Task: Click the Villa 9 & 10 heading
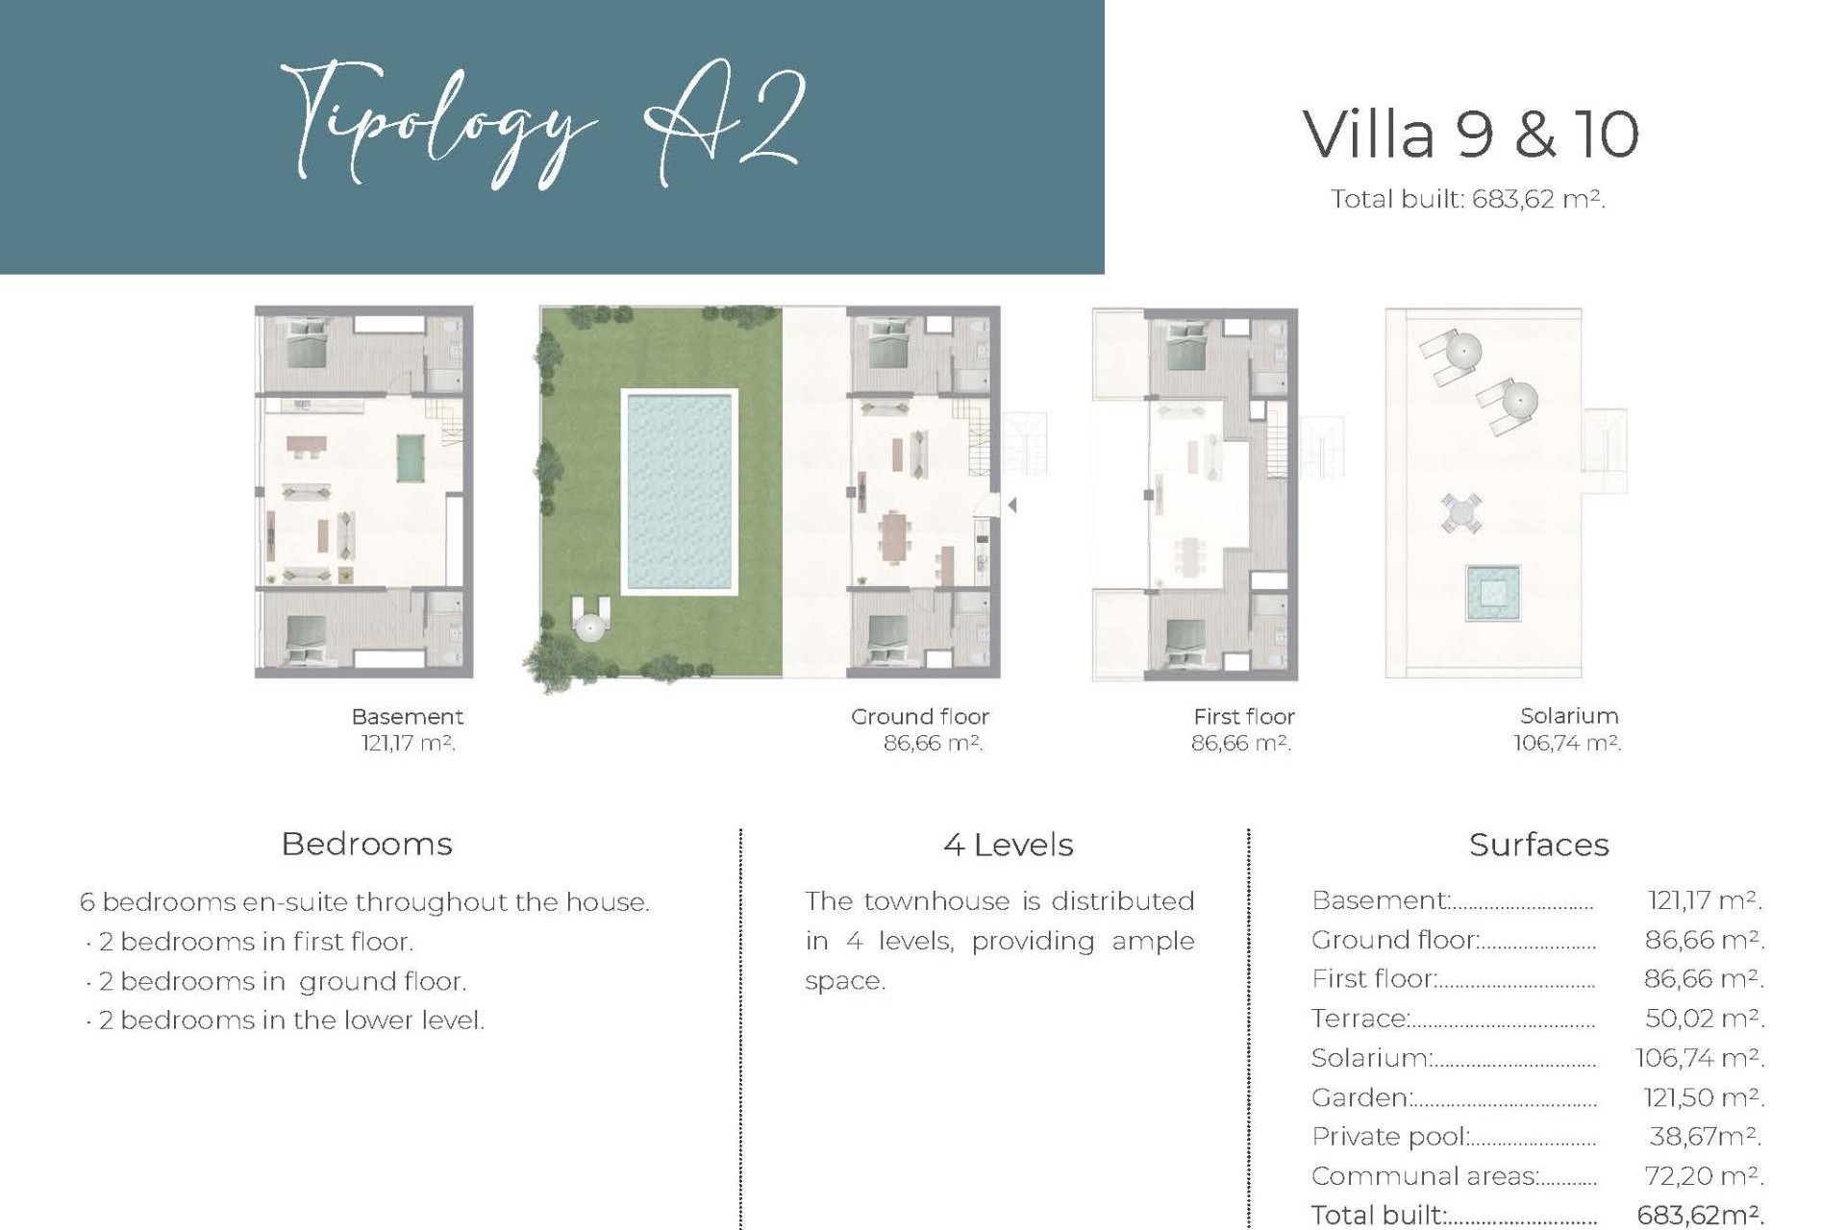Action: [x=1470, y=135]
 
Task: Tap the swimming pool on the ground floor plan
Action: [x=679, y=492]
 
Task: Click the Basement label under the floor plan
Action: [x=407, y=716]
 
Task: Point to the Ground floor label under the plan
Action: [x=919, y=716]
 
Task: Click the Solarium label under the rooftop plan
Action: [x=1568, y=715]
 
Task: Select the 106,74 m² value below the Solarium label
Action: [x=1566, y=743]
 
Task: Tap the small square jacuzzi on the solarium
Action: [x=1492, y=593]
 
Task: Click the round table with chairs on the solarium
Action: [x=1461, y=512]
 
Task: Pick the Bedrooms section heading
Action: [x=366, y=844]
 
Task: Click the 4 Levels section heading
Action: [x=1008, y=845]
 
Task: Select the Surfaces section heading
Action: [x=1538, y=845]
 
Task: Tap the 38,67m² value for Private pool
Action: [x=1704, y=1136]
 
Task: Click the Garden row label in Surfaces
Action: [x=1360, y=1096]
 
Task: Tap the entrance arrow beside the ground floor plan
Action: [x=1012, y=504]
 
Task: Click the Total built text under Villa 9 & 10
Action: [x=1467, y=199]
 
